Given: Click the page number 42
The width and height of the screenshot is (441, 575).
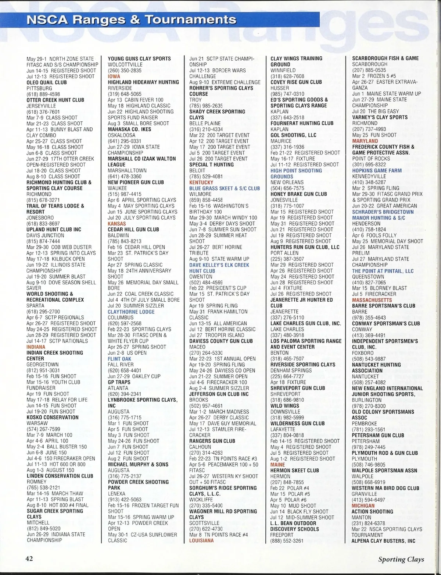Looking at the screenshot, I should (x=29, y=558).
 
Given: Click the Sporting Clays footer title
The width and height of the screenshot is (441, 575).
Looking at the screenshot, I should (x=401, y=559).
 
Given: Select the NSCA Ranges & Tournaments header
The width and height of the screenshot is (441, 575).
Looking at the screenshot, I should (x=131, y=19).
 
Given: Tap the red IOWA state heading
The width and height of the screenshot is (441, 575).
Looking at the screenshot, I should (x=114, y=76).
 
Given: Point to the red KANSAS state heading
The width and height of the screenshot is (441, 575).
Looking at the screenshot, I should (x=117, y=223).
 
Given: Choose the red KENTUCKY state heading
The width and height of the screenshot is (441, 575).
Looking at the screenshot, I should (x=201, y=182).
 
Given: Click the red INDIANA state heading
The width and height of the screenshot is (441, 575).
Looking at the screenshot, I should (x=36, y=347).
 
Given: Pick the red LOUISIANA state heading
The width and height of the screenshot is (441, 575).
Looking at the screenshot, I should (x=201, y=540).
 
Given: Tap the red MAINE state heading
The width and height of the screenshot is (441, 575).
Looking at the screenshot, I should (x=278, y=464).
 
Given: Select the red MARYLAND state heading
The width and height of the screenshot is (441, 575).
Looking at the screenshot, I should (x=365, y=141).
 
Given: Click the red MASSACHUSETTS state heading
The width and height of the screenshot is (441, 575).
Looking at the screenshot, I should (x=372, y=300).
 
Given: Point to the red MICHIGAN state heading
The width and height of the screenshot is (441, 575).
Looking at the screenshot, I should (x=363, y=505).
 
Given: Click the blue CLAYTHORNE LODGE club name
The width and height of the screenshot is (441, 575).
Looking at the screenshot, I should (x=131, y=312).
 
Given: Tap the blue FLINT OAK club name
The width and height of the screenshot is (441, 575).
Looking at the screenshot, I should (x=119, y=359).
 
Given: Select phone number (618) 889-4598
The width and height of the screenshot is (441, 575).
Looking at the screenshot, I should (x=43, y=94).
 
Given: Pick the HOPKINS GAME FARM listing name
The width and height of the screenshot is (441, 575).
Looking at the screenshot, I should (x=377, y=170).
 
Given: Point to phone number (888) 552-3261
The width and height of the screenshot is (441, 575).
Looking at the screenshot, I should (x=287, y=540).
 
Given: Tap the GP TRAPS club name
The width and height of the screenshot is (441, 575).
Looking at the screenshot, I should (x=119, y=382).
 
